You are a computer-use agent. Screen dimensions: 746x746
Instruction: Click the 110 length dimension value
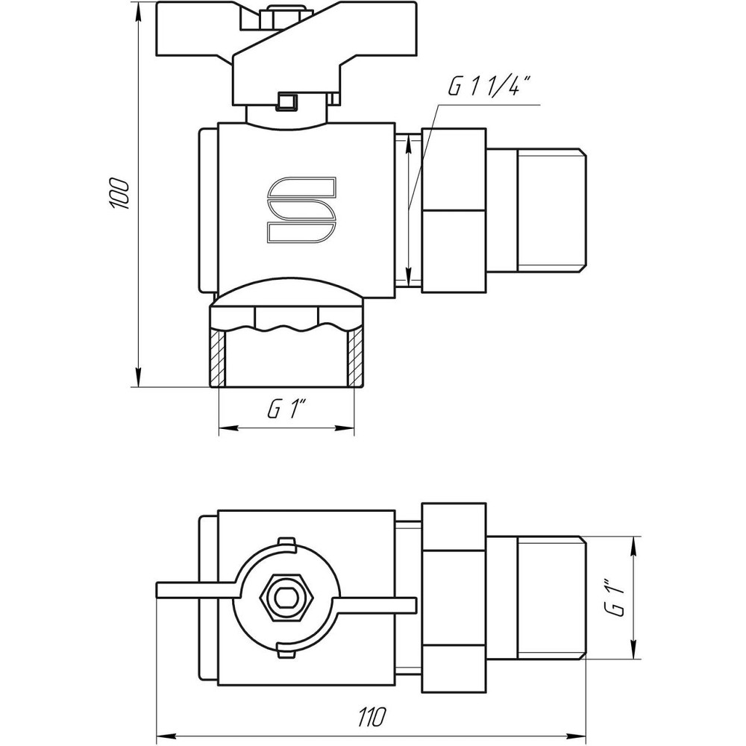tap(371, 718)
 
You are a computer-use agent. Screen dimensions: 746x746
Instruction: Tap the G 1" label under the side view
tap(286, 409)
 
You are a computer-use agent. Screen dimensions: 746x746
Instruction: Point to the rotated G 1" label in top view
tap(615, 597)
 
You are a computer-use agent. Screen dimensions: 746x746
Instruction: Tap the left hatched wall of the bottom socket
tap(217, 357)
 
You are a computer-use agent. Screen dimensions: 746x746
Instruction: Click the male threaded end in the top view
tap(549, 597)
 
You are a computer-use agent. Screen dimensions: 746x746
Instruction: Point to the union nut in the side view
tap(454, 210)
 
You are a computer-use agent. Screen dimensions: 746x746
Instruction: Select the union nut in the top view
tap(454, 597)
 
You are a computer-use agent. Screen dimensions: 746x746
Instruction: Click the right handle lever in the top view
tap(380, 605)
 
